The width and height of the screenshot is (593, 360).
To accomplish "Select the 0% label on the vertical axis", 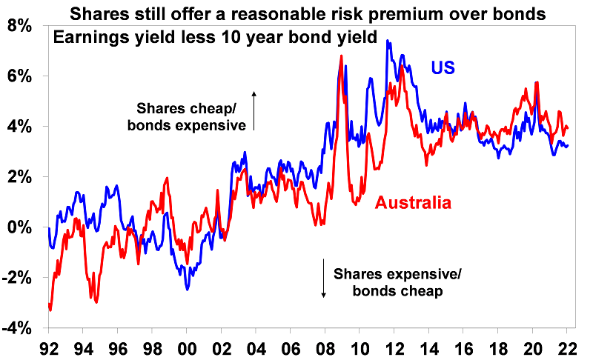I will pyautogui.click(x=21, y=227).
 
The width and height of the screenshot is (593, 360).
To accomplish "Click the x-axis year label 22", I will pyautogui.click(x=566, y=347).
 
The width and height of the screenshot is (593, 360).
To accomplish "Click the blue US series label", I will pyautogui.click(x=443, y=68).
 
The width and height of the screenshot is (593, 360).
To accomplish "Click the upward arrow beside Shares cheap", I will pyautogui.click(x=254, y=110).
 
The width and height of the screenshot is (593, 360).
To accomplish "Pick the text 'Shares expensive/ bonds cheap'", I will pyautogui.click(x=397, y=283).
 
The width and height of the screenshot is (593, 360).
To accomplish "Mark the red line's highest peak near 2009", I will pyautogui.click(x=340, y=56).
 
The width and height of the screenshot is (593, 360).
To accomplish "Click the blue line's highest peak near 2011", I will pyautogui.click(x=387, y=41).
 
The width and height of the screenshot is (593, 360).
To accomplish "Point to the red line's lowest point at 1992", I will pyautogui.click(x=50, y=310).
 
